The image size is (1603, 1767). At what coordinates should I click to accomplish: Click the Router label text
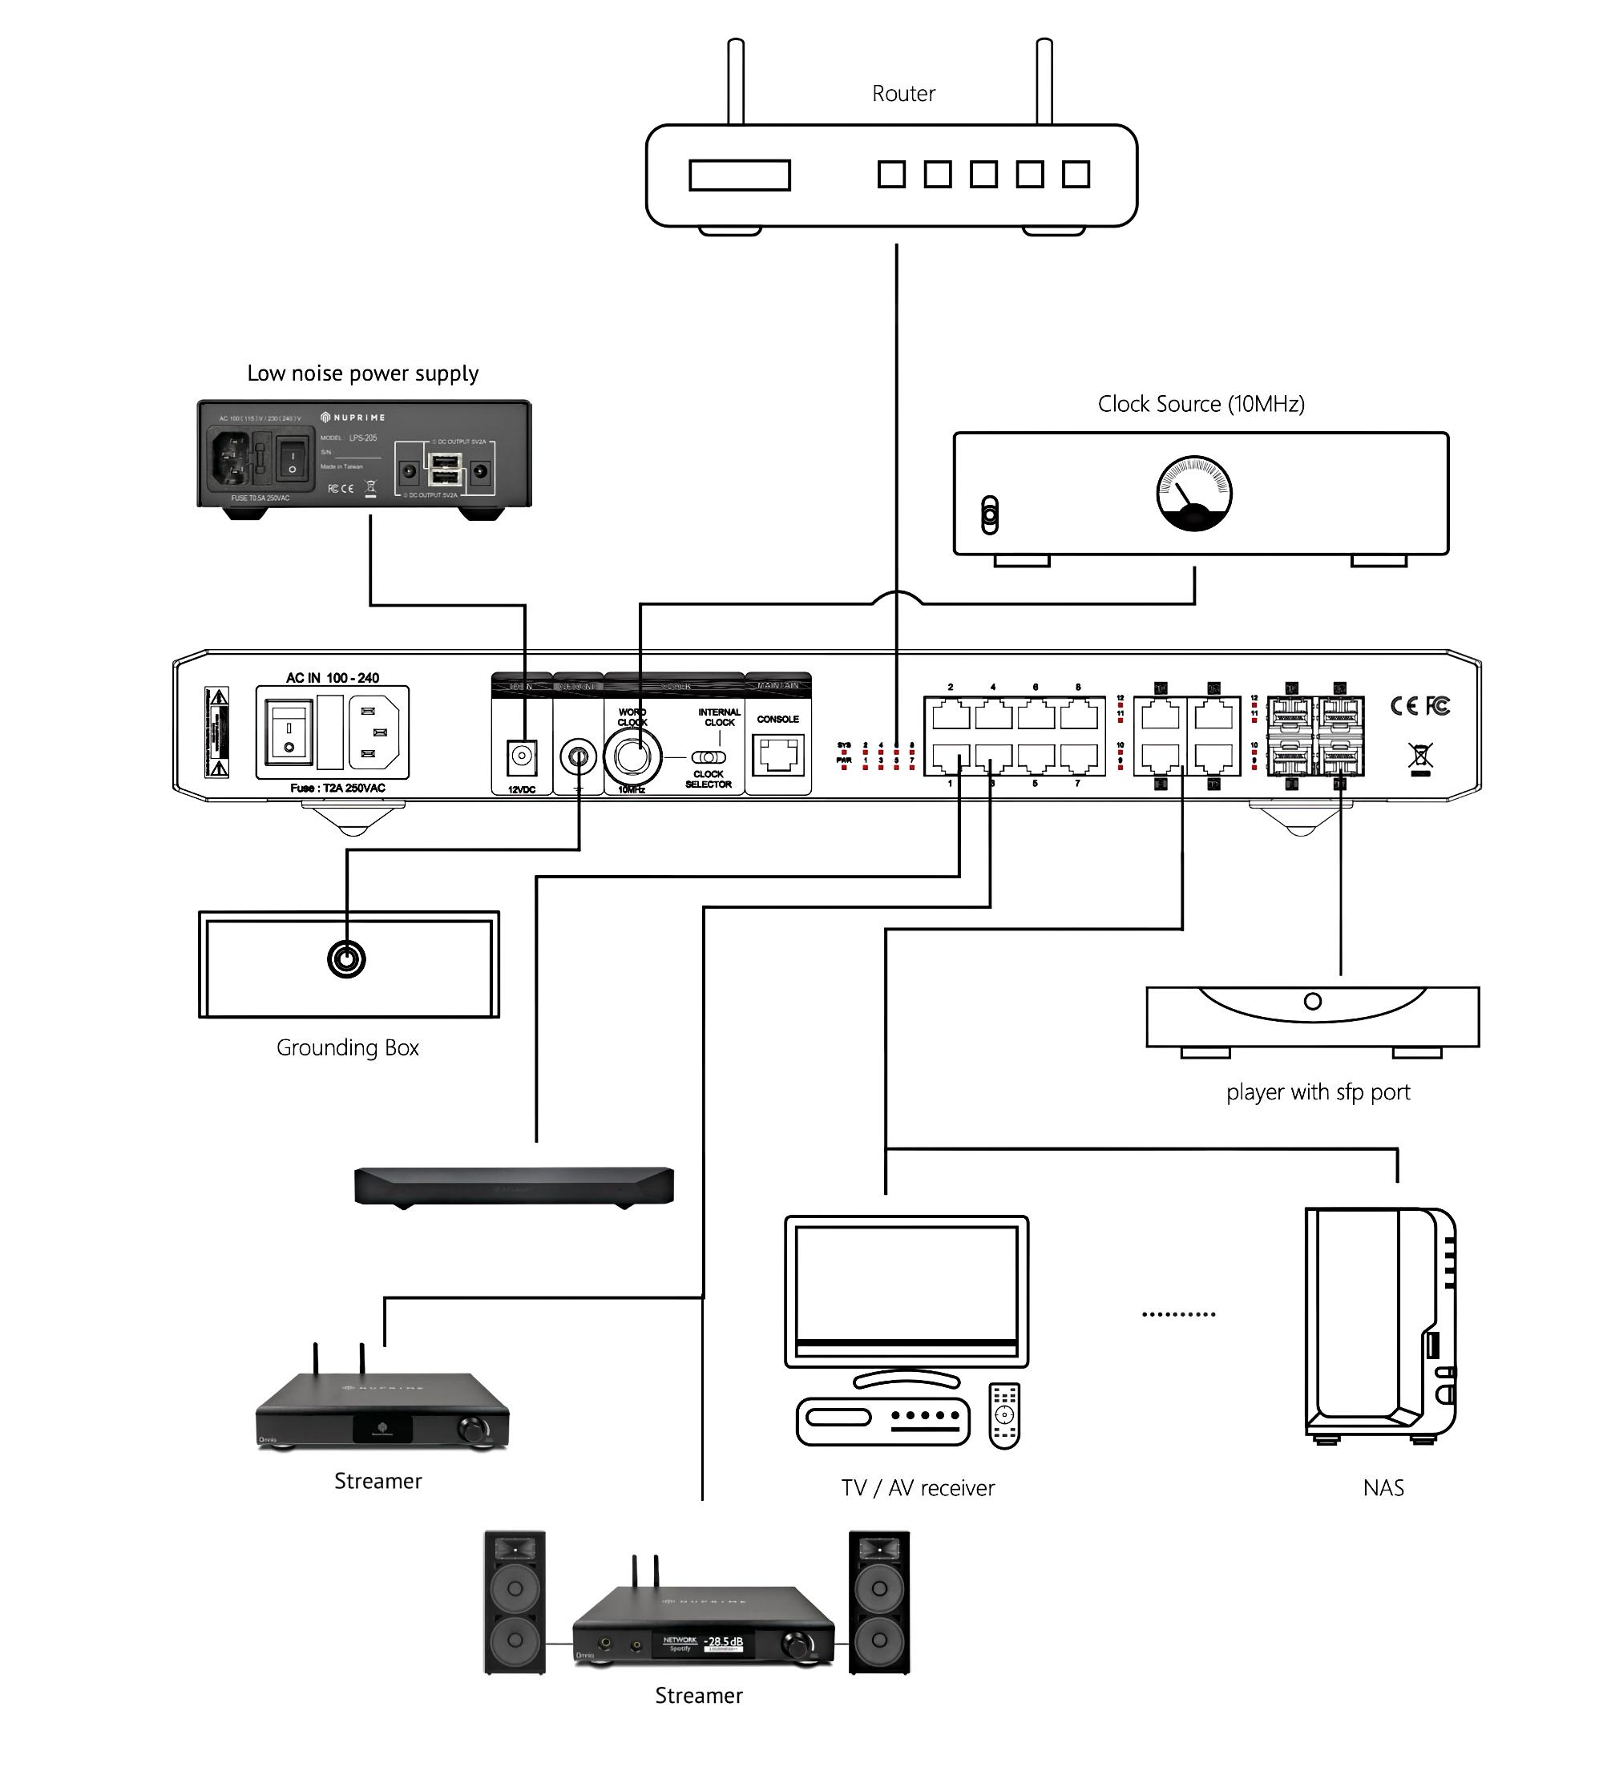coord(902,94)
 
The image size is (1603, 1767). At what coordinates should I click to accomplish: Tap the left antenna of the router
coord(737,81)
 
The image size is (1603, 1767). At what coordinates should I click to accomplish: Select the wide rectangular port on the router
coord(739,175)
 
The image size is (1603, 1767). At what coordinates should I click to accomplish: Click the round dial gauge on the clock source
coord(1193,494)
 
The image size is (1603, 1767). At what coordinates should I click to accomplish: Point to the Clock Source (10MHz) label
coord(1201,404)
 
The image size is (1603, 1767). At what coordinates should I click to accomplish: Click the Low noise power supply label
coord(363,373)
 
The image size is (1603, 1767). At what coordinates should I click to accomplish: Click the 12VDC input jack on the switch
coord(523,756)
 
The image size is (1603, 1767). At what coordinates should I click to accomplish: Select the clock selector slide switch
coord(709,757)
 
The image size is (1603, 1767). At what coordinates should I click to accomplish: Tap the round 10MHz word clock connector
coord(633,757)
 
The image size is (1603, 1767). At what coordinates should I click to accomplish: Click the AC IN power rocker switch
coord(289,731)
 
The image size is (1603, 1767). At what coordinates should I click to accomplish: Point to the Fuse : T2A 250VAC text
coord(337,788)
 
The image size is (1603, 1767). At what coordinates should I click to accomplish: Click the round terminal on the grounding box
coord(346,959)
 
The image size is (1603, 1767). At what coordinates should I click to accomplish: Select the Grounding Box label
coord(347,1047)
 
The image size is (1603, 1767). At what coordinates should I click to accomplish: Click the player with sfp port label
coord(1318,1092)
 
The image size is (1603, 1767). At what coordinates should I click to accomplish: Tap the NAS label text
coord(1383,1487)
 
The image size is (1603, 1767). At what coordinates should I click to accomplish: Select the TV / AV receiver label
coord(918,1487)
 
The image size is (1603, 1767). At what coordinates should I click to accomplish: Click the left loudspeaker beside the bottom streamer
coord(515,1602)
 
